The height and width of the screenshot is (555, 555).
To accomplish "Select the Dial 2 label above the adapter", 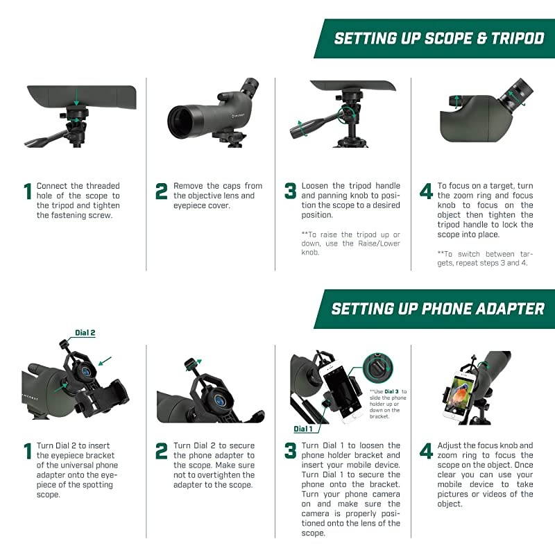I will pyautogui.click(x=84, y=333).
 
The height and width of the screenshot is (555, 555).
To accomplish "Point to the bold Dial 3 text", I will pyautogui.click(x=391, y=392).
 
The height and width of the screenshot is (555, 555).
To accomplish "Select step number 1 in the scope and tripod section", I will pyautogui.click(x=28, y=191).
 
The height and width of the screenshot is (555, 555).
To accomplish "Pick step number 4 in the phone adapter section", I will pyautogui.click(x=426, y=452).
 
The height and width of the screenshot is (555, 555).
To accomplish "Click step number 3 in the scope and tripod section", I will pyautogui.click(x=291, y=191).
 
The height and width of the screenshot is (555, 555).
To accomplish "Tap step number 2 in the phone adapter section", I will pyautogui.click(x=162, y=452).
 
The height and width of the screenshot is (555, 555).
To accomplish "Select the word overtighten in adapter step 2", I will pyautogui.click(x=223, y=475).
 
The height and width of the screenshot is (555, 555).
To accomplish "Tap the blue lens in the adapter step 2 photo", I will pyautogui.click(x=218, y=400).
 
